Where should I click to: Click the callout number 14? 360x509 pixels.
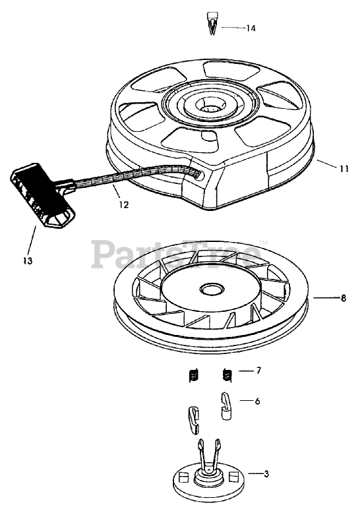click(x=251, y=28)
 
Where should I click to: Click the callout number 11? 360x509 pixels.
click(x=344, y=169)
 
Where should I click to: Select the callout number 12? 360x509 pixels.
click(x=124, y=205)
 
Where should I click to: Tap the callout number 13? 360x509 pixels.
click(x=28, y=260)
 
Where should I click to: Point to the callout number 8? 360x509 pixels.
click(x=344, y=298)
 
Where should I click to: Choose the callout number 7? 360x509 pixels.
click(x=258, y=371)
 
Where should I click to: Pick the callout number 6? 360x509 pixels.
click(x=257, y=402)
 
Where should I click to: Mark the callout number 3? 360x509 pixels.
click(x=266, y=474)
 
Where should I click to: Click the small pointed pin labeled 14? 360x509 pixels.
click(x=212, y=23)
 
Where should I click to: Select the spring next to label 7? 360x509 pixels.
click(x=227, y=375)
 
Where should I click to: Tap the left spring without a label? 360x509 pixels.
click(x=193, y=376)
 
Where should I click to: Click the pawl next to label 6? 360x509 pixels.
click(x=226, y=406)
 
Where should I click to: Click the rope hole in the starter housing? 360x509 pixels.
click(x=199, y=175)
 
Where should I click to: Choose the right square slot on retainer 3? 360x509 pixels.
click(x=233, y=477)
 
